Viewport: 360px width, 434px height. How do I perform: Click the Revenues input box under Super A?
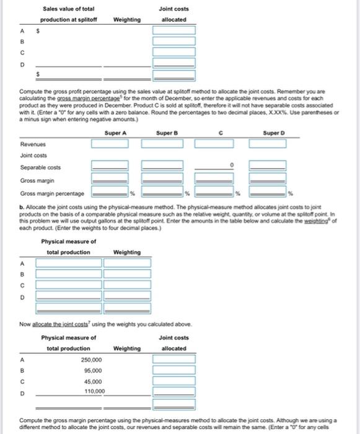(x=110, y=144)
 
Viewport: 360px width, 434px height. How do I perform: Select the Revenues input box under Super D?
(x=268, y=144)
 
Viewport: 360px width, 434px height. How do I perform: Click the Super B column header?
(x=165, y=133)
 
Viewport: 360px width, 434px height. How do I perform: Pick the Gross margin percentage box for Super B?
(x=162, y=193)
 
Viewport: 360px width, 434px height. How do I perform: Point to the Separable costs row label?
(x=36, y=167)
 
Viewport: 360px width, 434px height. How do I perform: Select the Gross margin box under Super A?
(x=110, y=180)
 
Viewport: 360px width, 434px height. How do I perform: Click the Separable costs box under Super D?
(x=268, y=166)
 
